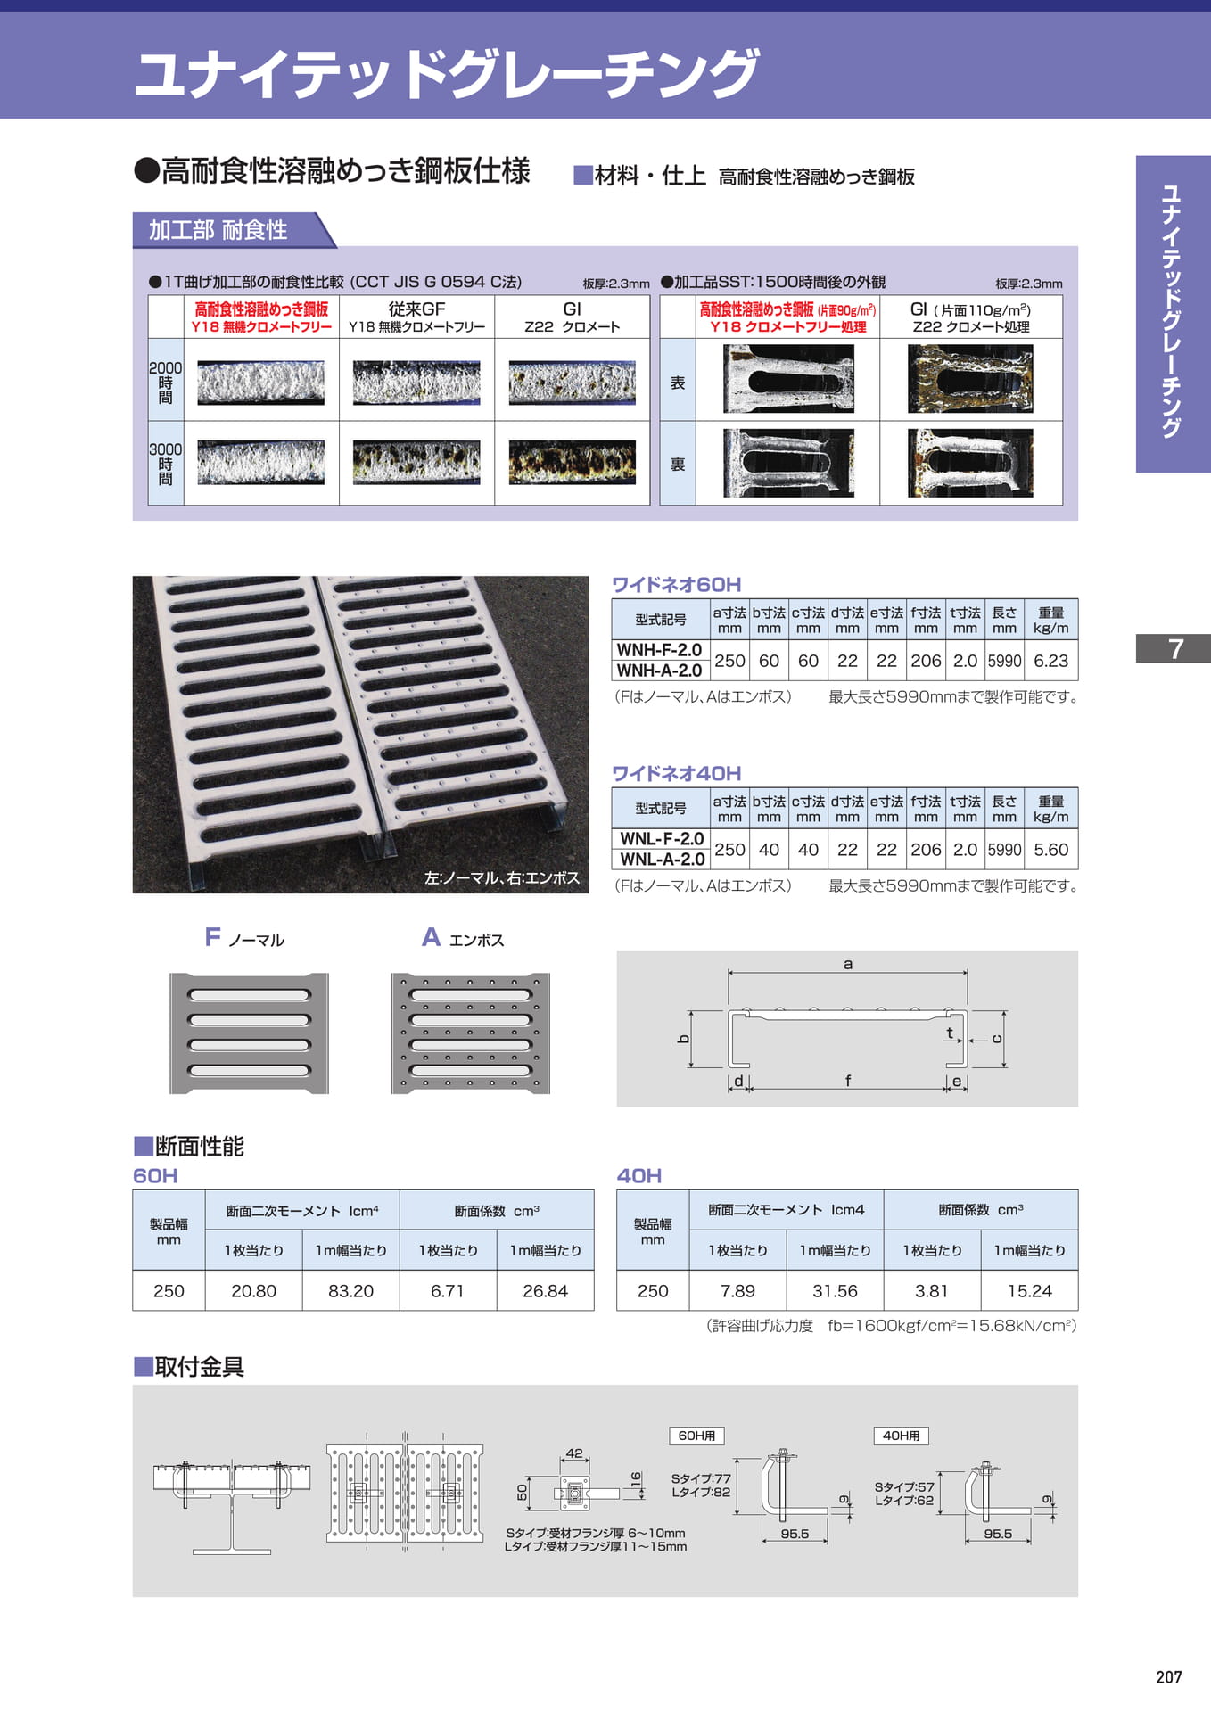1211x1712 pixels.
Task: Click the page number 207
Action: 1168,1677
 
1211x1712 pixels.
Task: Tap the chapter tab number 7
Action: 1175,648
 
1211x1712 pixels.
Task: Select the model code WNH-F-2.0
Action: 659,650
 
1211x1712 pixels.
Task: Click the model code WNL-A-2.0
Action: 662,860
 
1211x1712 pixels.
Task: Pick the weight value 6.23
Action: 1050,661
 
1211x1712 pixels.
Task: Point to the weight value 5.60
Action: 1050,850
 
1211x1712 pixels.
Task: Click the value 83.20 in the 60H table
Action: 350,1291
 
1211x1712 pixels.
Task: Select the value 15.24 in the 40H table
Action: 1029,1291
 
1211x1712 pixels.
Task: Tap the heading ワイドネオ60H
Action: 676,585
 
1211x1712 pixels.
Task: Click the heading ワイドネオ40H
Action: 676,774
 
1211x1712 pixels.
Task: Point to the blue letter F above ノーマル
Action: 212,937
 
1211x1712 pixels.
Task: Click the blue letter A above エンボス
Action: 431,937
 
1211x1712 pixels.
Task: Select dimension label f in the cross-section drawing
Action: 848,1081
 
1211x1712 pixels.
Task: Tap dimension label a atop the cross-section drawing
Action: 848,964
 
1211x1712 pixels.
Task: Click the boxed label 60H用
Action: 696,1436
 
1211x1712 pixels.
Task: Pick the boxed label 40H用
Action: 901,1436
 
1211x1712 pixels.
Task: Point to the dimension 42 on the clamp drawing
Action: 574,1453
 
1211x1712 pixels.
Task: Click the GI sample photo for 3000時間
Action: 573,463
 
